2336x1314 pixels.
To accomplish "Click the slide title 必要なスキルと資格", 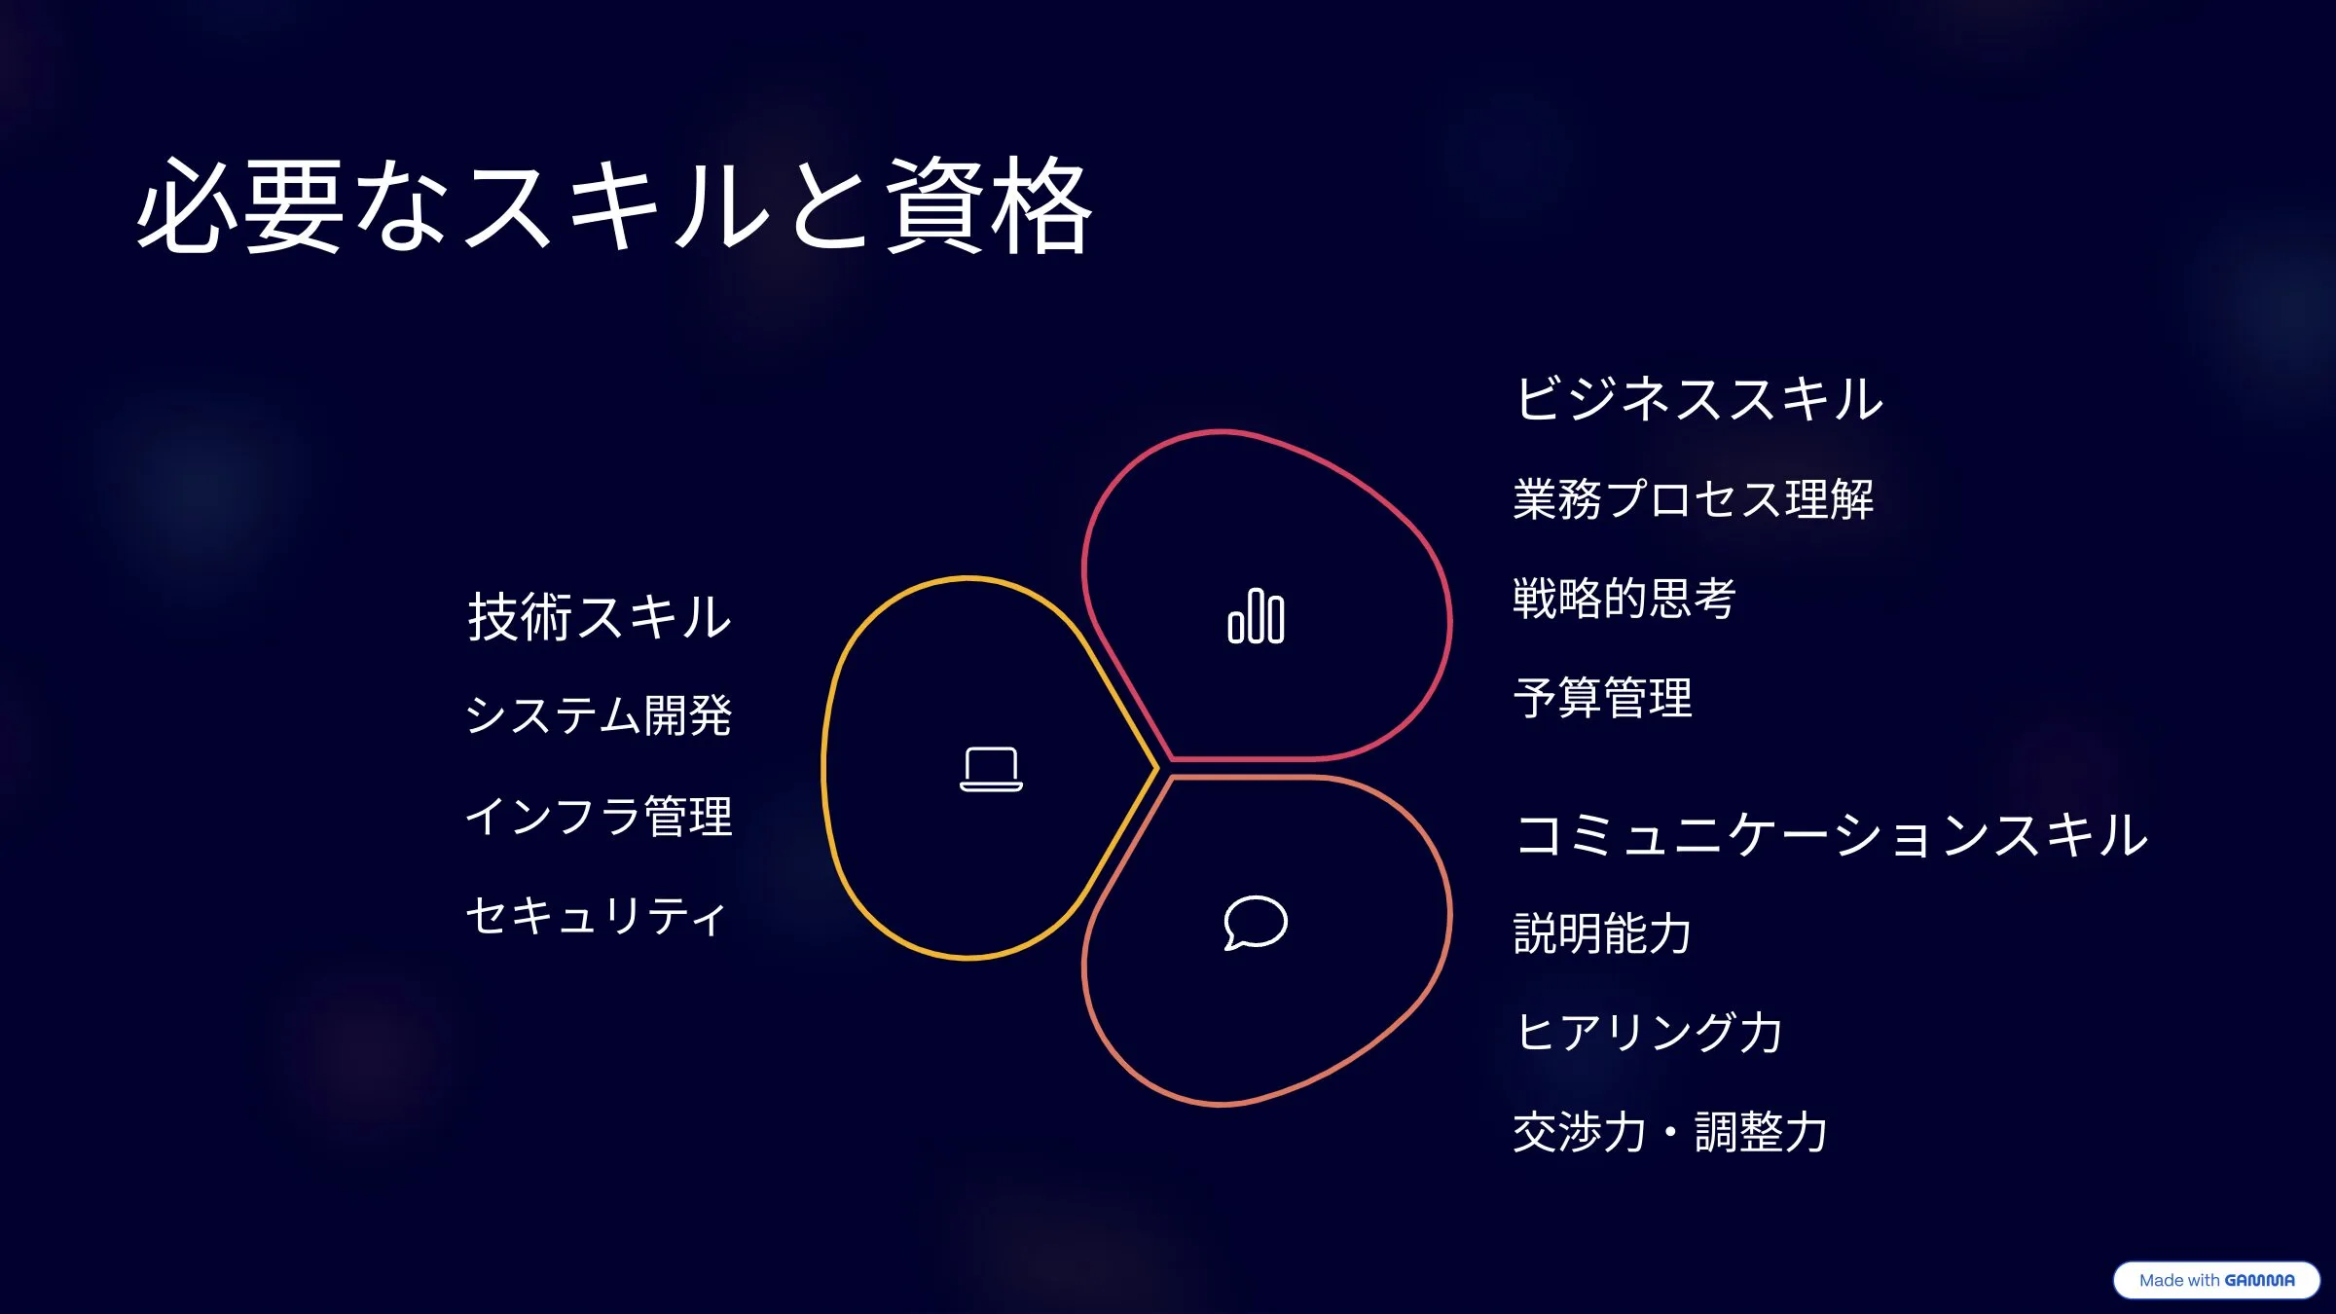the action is tap(615, 206).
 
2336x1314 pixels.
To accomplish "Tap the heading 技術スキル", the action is tap(599, 617).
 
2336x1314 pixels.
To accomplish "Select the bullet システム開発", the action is tap(599, 716).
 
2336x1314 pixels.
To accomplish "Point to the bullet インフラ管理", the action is tap(599, 816).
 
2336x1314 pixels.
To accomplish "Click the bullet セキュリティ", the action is tap(596, 916).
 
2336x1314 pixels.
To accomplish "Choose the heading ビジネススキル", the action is tap(1699, 399).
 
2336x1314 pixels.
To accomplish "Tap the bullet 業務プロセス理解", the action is tap(1694, 499).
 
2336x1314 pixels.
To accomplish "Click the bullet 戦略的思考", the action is tap(1624, 599).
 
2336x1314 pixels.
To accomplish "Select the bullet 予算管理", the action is tap(1603, 698).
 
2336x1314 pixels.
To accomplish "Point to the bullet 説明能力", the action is tap(1603, 933).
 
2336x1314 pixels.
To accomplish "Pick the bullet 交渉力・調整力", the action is tap(1670, 1132).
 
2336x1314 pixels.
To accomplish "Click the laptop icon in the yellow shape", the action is tap(991, 769).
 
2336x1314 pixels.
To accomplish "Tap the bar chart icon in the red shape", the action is tap(1256, 616).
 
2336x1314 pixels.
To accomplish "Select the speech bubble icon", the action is tap(1256, 922).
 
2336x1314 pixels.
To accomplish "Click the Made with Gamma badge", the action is tap(2216, 1280).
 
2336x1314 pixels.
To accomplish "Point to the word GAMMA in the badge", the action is tap(2259, 1280).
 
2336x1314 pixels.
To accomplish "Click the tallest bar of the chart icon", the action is tap(1256, 616).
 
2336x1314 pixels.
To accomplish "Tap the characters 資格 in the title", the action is tap(989, 206).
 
